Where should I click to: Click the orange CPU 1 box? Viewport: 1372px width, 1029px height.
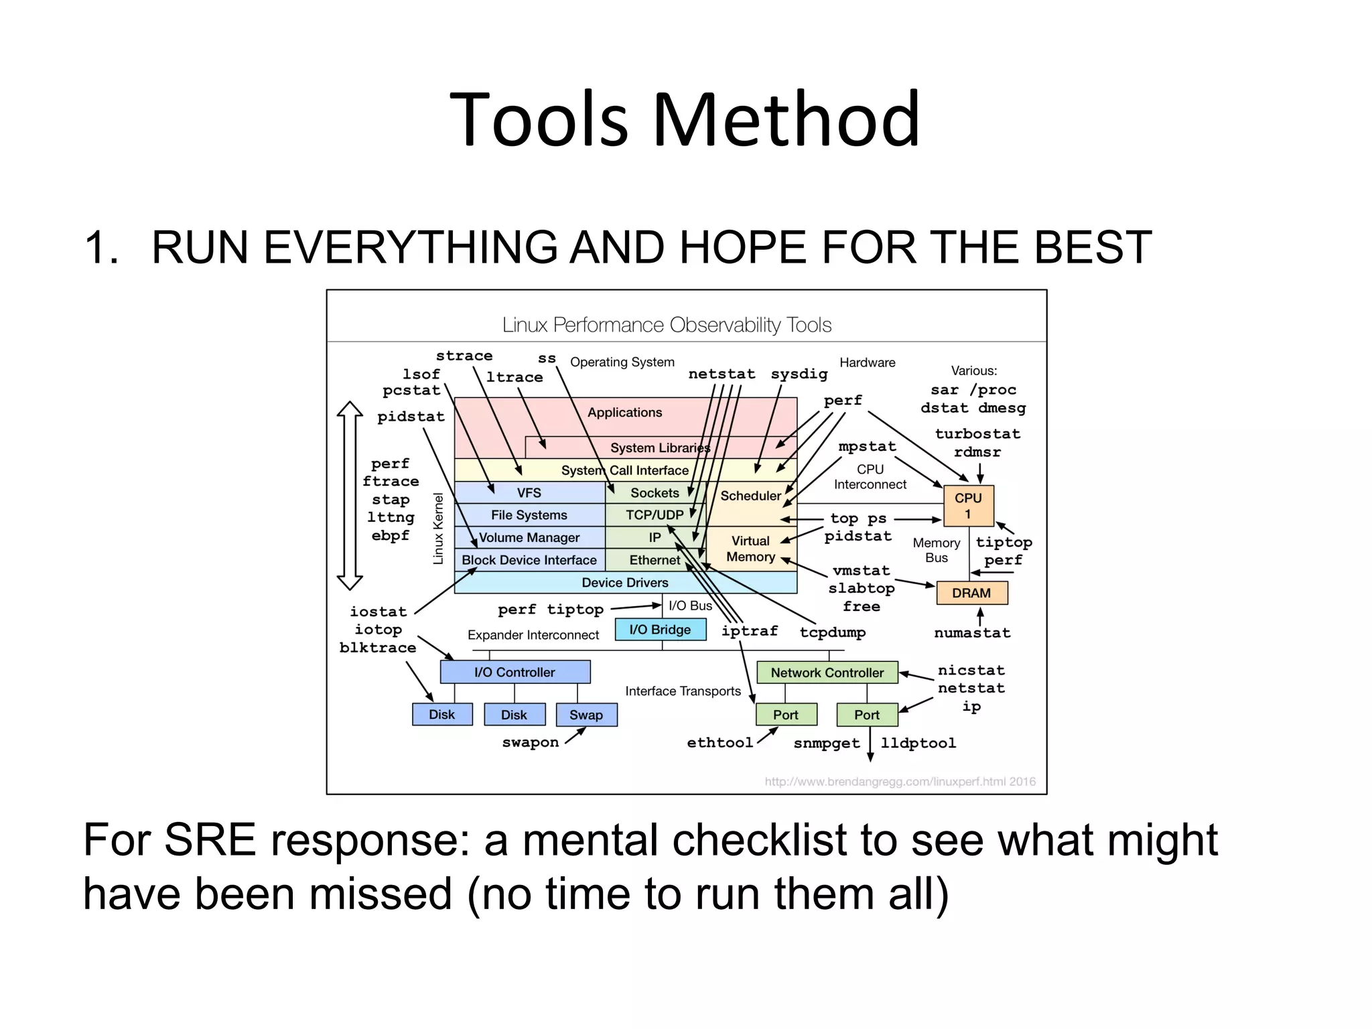[968, 506]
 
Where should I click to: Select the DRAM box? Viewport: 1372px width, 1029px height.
[971, 593]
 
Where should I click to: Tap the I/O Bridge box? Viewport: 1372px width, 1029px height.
[660, 630]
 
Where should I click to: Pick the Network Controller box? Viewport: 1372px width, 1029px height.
[827, 673]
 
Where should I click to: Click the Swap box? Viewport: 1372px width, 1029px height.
[586, 715]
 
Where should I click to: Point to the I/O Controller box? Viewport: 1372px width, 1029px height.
[514, 672]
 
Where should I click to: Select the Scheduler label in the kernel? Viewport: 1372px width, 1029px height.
[750, 496]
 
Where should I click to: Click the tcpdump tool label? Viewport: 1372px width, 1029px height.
[832, 632]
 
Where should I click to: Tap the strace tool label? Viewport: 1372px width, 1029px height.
[464, 356]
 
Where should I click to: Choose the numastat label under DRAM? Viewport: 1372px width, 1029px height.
[972, 633]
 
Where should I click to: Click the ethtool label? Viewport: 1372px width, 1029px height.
[720, 743]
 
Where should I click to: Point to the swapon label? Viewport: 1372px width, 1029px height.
[530, 743]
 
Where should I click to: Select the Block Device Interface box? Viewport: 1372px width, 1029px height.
[529, 560]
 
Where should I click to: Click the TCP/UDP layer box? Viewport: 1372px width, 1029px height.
[655, 515]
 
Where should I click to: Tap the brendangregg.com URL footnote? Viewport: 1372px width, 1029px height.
[900, 782]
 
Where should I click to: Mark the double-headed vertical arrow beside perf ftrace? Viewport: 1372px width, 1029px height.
[350, 496]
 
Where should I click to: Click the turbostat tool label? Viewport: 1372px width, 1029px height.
[977, 434]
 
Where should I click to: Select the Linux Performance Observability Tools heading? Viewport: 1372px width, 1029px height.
[667, 326]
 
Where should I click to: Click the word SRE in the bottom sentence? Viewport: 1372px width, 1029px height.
[210, 840]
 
